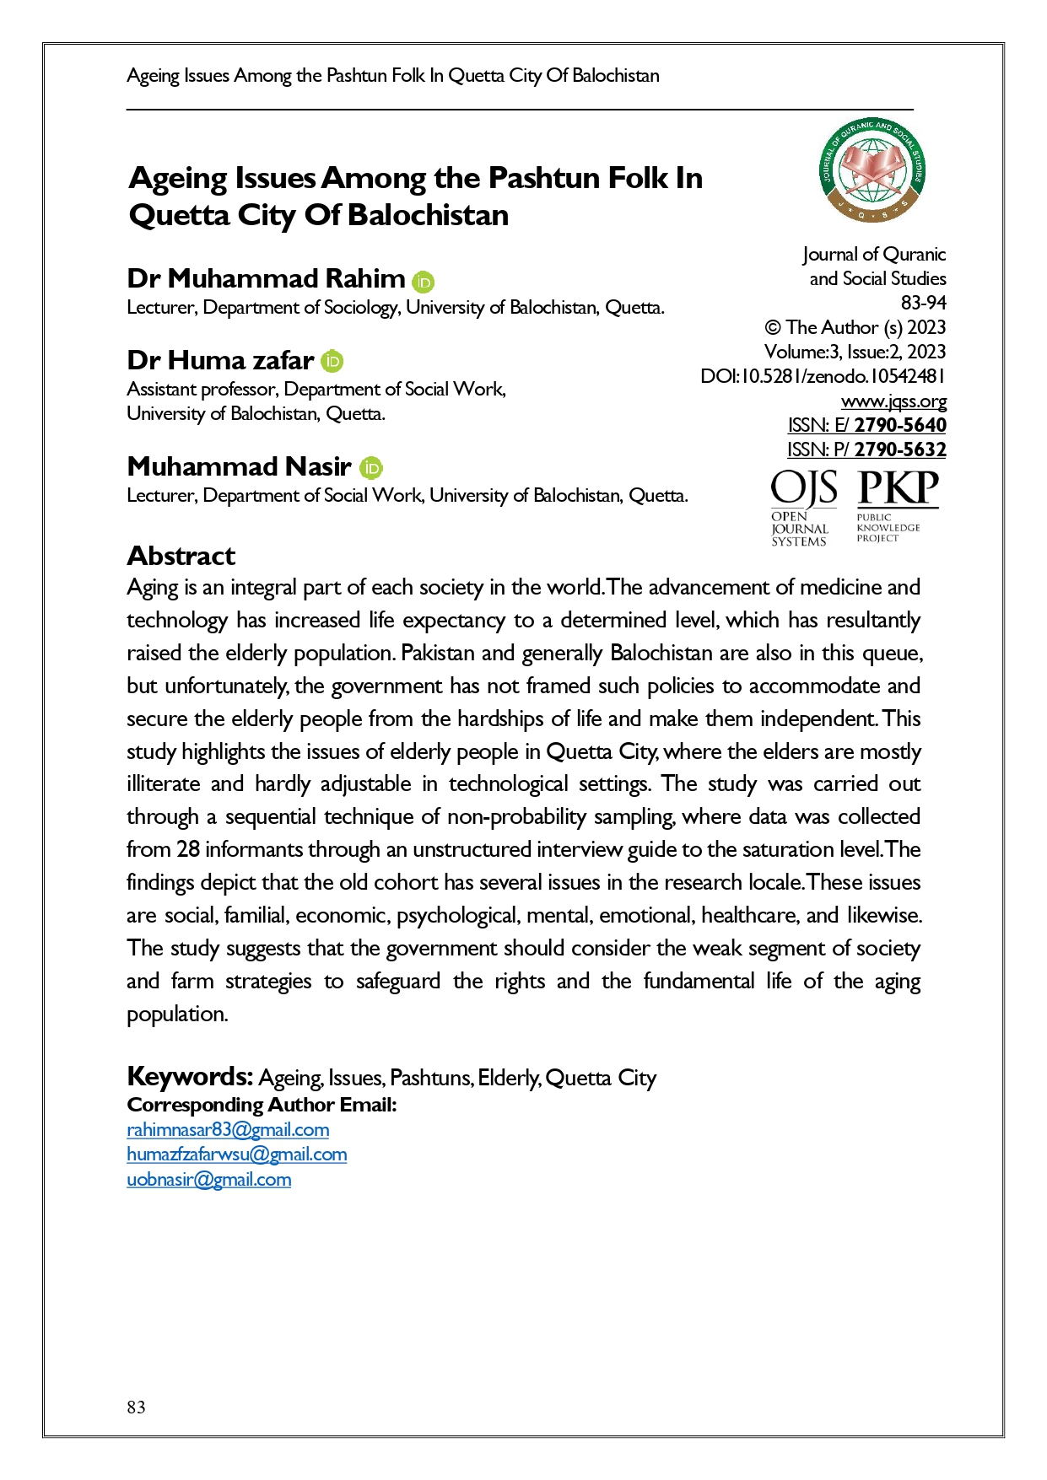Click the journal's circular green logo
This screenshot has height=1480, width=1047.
click(872, 170)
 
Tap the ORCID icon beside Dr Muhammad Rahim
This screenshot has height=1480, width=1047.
click(424, 282)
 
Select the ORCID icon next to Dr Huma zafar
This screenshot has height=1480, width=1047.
click(332, 362)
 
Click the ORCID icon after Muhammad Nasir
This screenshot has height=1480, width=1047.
click(371, 468)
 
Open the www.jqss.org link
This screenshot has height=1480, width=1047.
click(893, 401)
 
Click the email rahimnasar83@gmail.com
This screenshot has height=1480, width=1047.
click(228, 1130)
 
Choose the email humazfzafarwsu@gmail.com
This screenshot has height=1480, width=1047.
click(236, 1154)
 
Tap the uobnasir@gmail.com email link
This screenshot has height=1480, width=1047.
click(208, 1180)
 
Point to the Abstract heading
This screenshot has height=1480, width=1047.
click(181, 556)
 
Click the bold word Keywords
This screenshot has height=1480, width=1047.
click(189, 1077)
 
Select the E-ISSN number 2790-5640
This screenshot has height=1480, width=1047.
click(900, 425)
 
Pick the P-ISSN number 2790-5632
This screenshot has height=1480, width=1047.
click(900, 449)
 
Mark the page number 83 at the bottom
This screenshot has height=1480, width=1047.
click(136, 1407)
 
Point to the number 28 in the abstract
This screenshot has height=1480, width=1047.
click(188, 849)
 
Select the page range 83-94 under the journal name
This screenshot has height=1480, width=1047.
click(923, 303)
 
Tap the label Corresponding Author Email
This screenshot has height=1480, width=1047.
click(262, 1105)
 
